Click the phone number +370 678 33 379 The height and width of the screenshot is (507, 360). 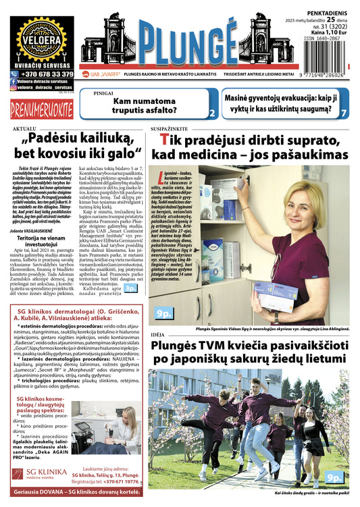(x=47, y=74)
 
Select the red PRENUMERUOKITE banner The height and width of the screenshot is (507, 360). (x=41, y=106)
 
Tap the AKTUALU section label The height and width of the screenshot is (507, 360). (x=23, y=128)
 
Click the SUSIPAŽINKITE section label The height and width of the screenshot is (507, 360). (x=170, y=128)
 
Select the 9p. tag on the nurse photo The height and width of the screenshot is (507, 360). (x=163, y=313)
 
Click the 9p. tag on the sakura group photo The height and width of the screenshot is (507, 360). (x=334, y=477)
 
